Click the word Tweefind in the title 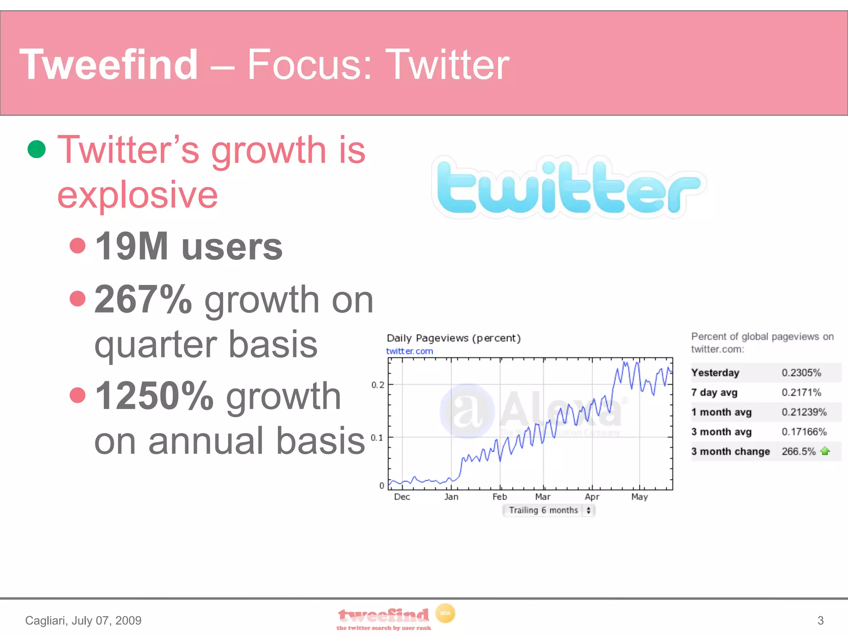click(x=108, y=65)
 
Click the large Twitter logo click(x=568, y=188)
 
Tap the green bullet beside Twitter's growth click(x=36, y=149)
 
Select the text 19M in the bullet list click(x=132, y=247)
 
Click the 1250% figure click(x=154, y=396)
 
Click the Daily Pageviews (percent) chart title click(x=453, y=338)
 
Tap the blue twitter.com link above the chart click(x=409, y=351)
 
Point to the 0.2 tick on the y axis click(x=377, y=385)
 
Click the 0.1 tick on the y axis click(x=376, y=438)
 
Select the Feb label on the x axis click(x=499, y=497)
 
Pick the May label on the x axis click(x=639, y=497)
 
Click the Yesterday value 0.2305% click(x=801, y=373)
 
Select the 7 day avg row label click(x=714, y=393)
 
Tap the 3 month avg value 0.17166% click(x=804, y=432)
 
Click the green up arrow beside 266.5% click(x=825, y=451)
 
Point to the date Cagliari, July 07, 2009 click(x=83, y=620)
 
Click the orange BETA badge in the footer click(x=445, y=613)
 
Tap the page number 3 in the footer click(x=820, y=620)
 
